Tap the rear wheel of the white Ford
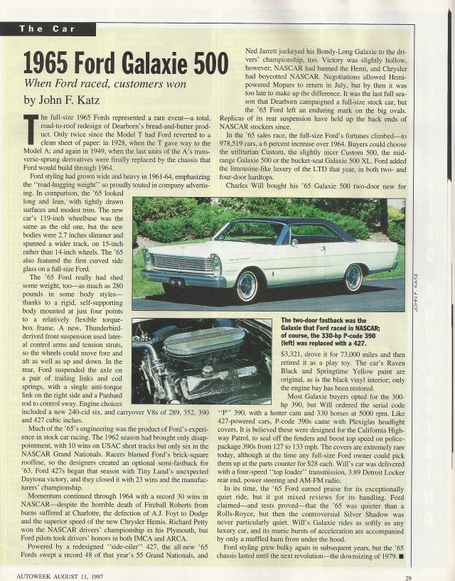[x=353, y=278]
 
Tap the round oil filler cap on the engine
[x=207, y=371]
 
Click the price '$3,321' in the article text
[x=294, y=353]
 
